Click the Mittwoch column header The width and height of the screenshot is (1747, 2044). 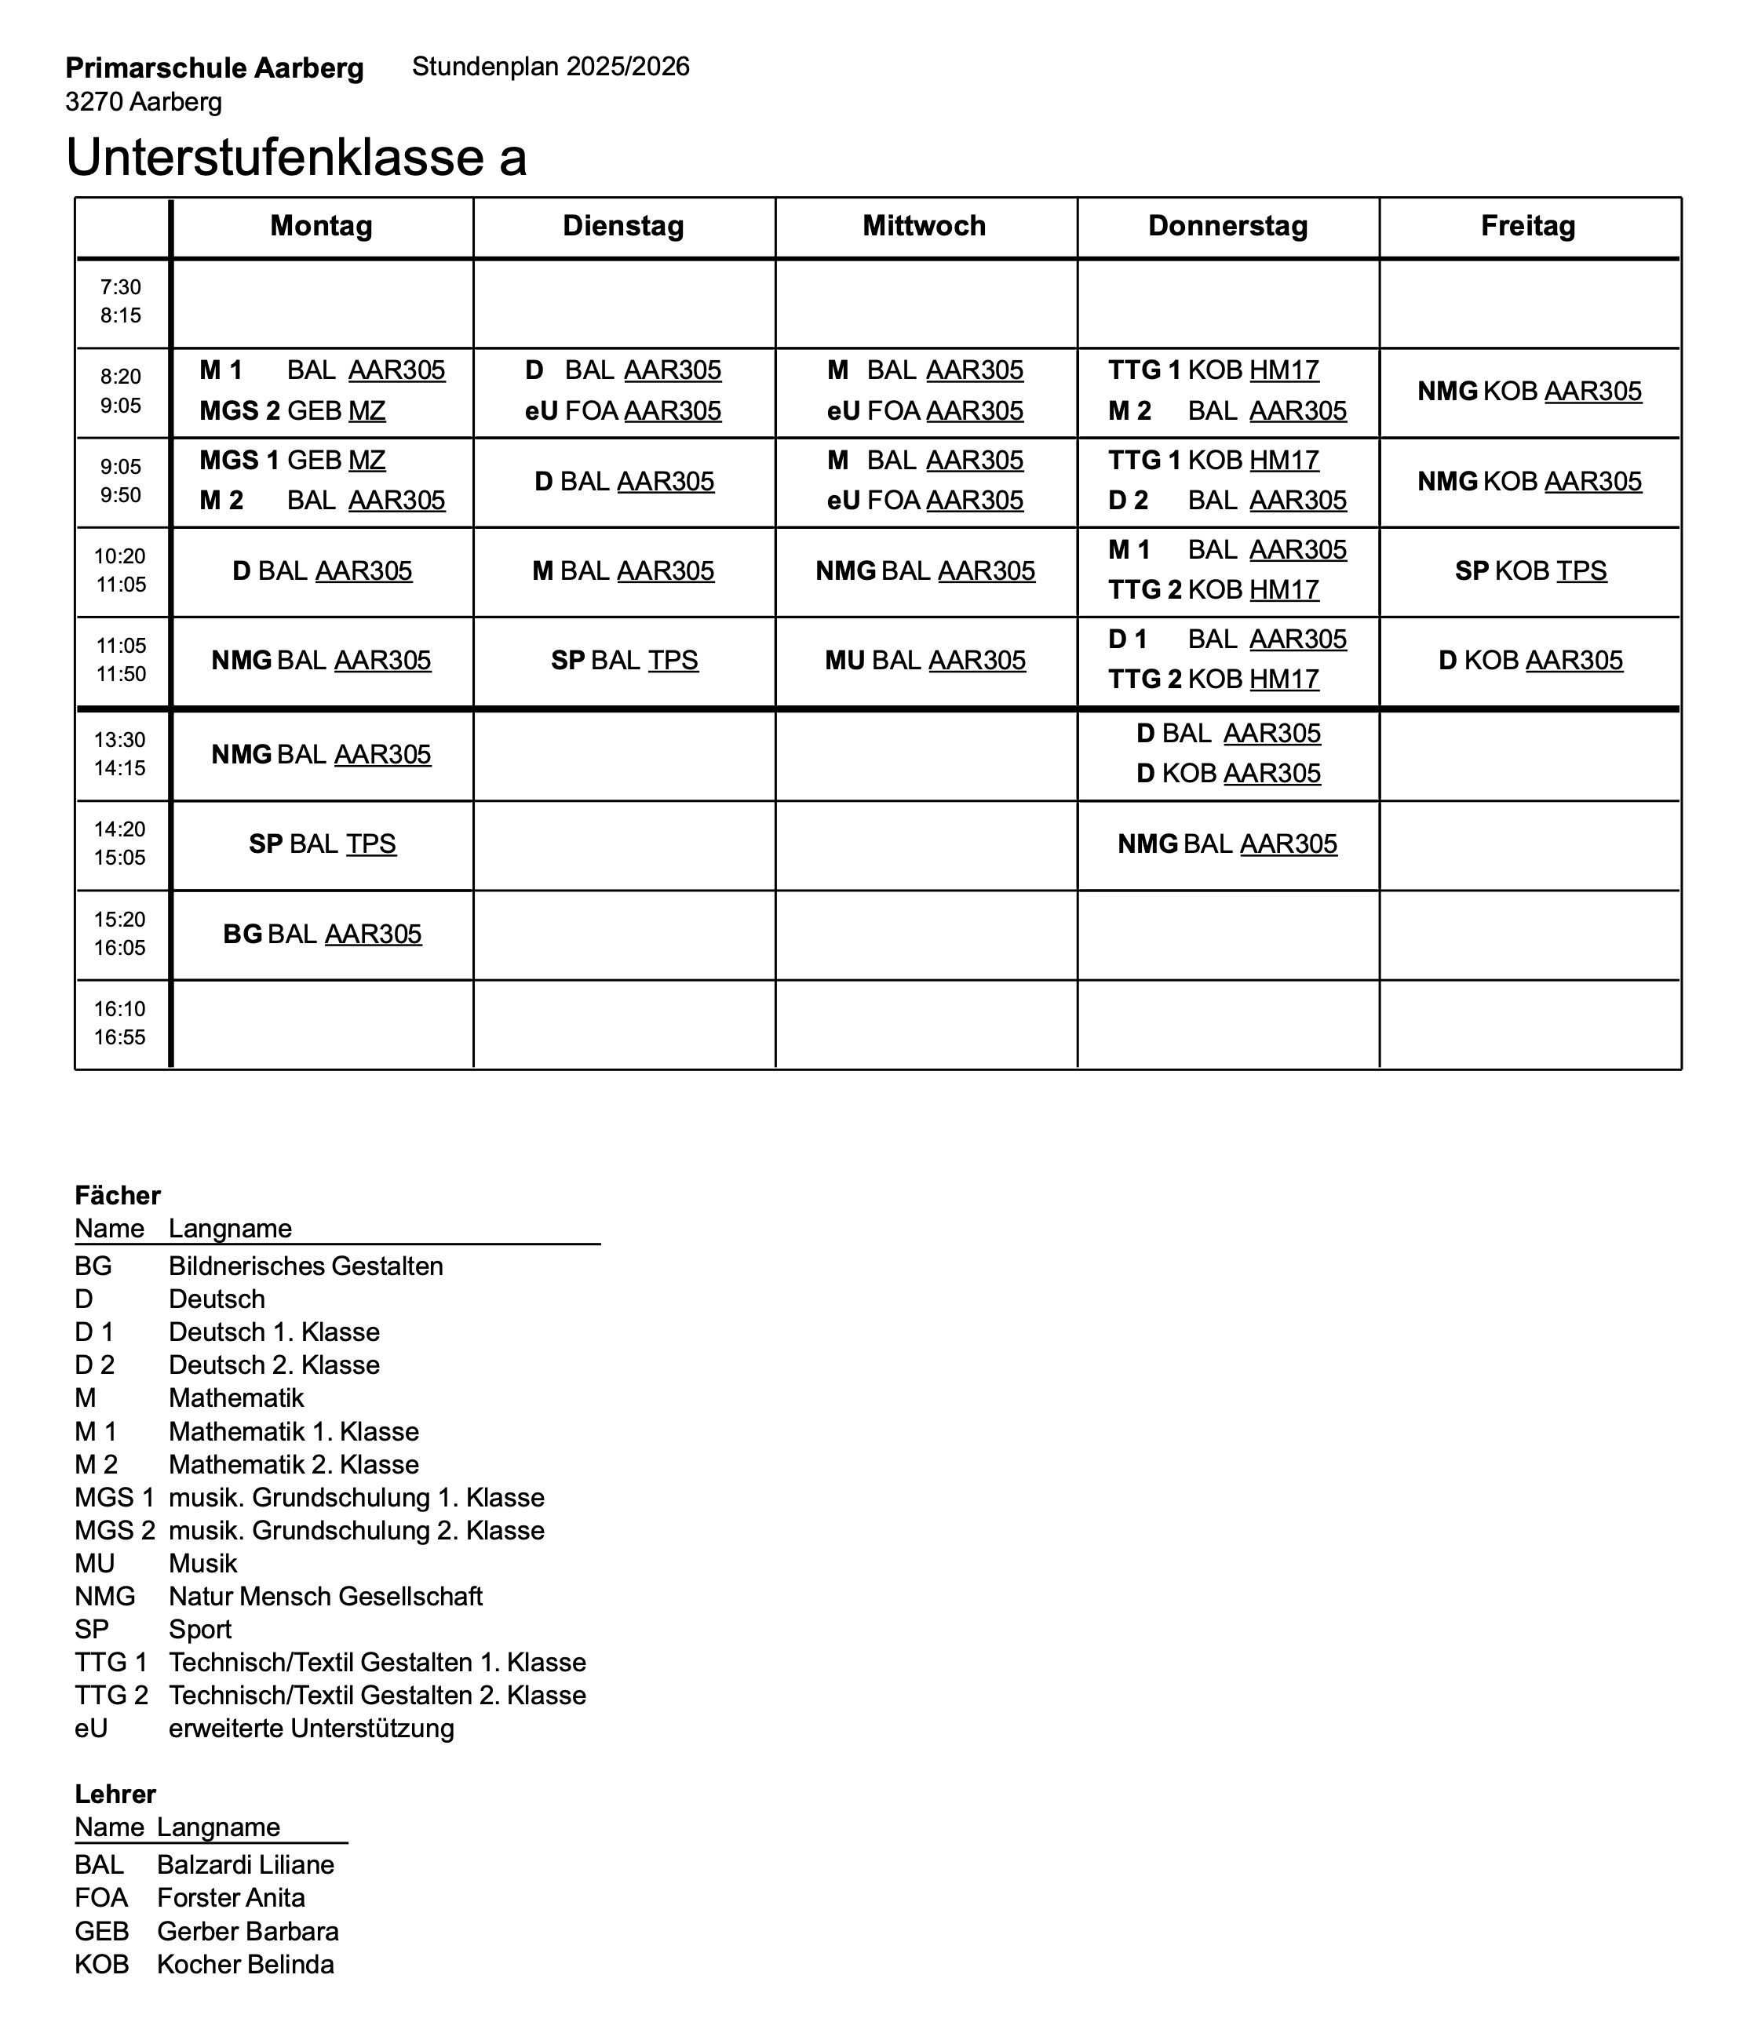tap(925, 226)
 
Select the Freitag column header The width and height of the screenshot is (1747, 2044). tap(1528, 226)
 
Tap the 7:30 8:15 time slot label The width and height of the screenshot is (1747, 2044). tap(120, 302)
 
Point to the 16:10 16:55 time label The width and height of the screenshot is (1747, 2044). tap(120, 1023)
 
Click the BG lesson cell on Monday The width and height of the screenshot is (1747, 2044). tap(323, 935)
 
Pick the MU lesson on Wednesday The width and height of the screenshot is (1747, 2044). tap(925, 661)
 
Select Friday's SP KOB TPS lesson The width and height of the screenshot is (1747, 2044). tap(1530, 571)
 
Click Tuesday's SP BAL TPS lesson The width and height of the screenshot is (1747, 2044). tap(625, 661)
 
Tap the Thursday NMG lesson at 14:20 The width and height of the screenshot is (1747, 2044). tap(1227, 844)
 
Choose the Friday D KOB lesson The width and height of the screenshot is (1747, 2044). tap(1530, 661)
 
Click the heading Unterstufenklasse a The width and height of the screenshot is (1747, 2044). tap(296, 158)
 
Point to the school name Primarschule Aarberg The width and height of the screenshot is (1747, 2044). tap(214, 69)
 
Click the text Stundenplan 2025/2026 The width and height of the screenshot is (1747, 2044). tap(550, 67)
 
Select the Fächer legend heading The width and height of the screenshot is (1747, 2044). tap(118, 1196)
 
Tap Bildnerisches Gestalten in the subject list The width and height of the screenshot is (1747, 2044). tap(306, 1266)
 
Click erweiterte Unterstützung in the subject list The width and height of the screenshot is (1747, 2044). tap(311, 1729)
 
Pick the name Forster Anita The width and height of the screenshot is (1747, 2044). tap(231, 1898)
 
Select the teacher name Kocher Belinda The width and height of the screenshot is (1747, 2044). tap(245, 1964)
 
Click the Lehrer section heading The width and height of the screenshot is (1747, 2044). tap(115, 1794)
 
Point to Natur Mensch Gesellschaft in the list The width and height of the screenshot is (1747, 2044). tap(326, 1596)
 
